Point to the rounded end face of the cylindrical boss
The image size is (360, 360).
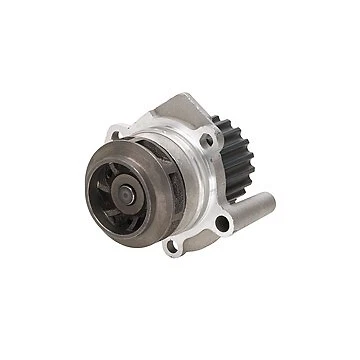268,203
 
